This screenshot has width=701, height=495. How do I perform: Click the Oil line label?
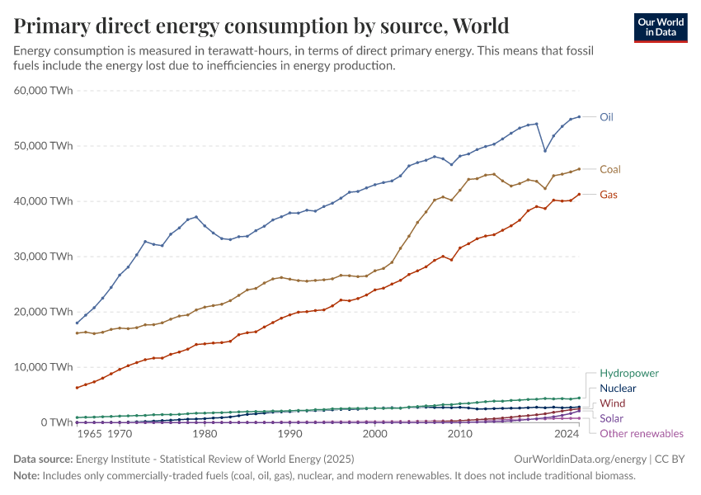coord(606,117)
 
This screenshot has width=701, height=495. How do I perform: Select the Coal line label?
coord(609,169)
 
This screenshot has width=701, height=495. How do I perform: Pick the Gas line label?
coord(609,195)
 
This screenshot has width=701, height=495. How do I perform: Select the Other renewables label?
coord(642,433)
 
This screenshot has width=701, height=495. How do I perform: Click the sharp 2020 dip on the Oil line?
coord(544,151)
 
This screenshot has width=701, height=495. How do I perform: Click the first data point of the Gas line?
coord(77,388)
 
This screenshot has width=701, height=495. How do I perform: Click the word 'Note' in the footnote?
coord(27,476)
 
